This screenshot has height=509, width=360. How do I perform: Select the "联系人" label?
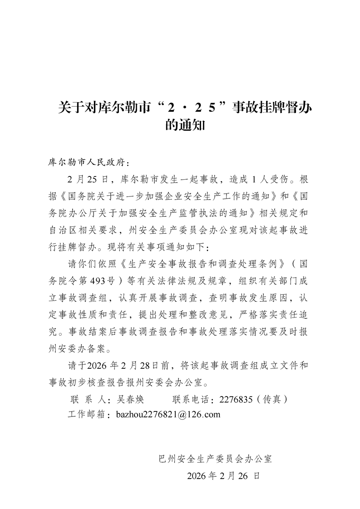tap(89, 400)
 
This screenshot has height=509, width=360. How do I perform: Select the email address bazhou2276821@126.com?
tap(168, 414)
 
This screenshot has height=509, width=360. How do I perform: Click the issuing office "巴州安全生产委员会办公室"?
tap(213, 459)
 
